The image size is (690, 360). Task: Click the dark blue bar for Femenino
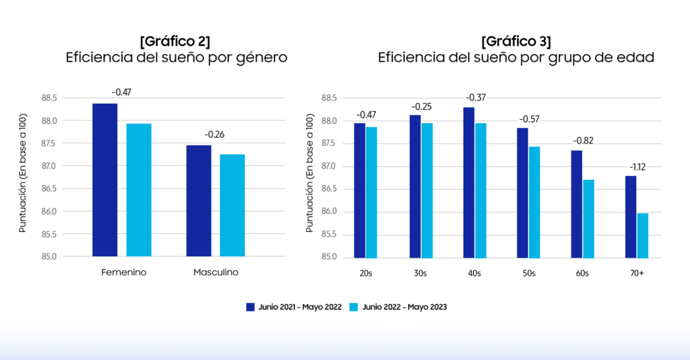(104, 180)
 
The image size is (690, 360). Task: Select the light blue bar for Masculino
(232, 205)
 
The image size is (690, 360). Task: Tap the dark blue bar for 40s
(468, 182)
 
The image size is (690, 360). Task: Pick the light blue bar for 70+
(642, 235)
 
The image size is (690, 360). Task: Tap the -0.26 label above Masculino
(214, 134)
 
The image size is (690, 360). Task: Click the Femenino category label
(124, 273)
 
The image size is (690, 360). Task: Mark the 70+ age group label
(636, 273)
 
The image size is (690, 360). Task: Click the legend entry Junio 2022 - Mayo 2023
(398, 307)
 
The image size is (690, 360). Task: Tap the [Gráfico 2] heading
(176, 40)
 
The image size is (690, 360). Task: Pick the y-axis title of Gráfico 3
(309, 177)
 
